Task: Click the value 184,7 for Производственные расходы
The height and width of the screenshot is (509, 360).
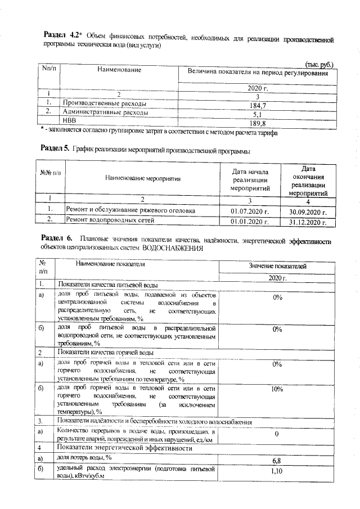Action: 256,105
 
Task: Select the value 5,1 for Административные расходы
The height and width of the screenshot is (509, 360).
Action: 256,114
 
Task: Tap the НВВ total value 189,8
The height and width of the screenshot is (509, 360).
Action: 256,123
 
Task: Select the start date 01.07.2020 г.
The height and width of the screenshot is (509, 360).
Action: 250,211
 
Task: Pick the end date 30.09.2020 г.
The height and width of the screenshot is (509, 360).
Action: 308,212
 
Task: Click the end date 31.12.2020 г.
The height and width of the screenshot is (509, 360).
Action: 308,222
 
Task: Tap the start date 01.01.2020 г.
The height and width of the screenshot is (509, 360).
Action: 250,221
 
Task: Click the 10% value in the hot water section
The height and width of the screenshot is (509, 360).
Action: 277,389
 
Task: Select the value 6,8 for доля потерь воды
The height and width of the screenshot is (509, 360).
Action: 277,461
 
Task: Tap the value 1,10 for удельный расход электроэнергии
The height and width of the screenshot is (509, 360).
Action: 277,470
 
